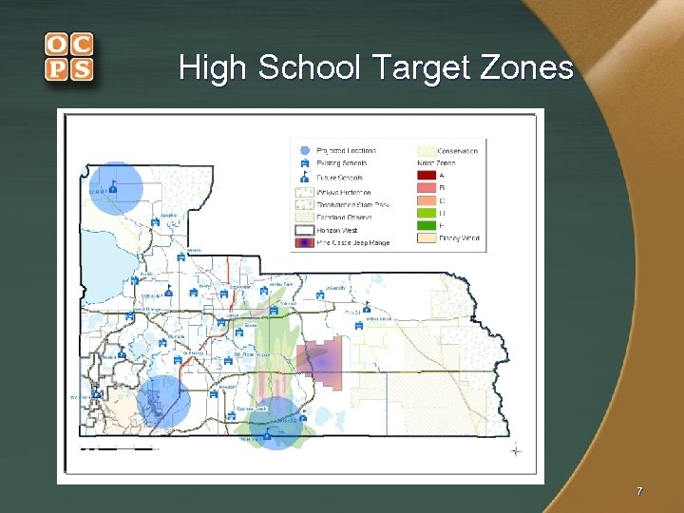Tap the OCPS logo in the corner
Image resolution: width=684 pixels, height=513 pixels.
[68, 57]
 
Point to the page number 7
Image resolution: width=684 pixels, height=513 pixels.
[639, 491]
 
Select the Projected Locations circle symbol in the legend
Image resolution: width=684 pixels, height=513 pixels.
[304, 150]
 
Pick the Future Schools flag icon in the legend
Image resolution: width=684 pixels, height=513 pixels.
[304, 177]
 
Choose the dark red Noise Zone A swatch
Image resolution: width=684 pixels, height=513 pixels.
[426, 175]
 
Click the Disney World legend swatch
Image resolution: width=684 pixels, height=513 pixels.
[426, 238]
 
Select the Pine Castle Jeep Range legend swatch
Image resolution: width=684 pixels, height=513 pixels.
[304, 242]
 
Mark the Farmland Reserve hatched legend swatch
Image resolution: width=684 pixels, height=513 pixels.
[304, 217]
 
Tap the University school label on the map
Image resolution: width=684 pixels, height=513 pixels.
[335, 286]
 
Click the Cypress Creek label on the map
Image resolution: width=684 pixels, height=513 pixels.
[252, 408]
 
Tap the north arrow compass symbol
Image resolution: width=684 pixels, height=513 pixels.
[516, 449]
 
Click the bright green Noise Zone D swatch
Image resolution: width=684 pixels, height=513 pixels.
[426, 213]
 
